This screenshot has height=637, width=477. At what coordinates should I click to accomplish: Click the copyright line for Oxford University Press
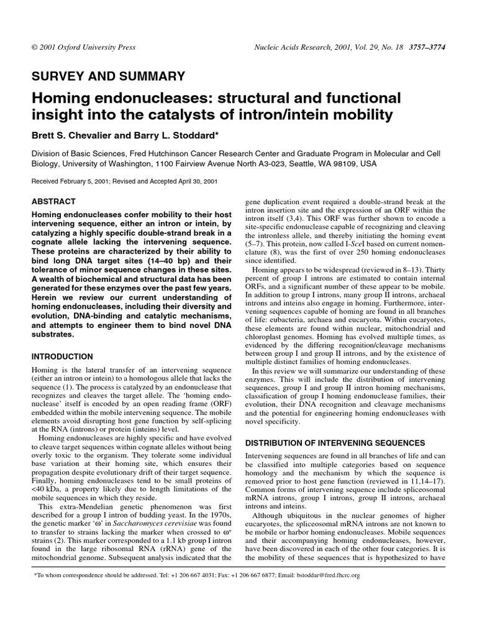click(83, 47)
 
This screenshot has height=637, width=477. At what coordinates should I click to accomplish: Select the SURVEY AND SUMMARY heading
click(108, 77)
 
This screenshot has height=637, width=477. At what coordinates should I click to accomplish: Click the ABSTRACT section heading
click(53, 202)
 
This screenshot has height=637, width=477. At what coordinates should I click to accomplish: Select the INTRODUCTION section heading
click(62, 357)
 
